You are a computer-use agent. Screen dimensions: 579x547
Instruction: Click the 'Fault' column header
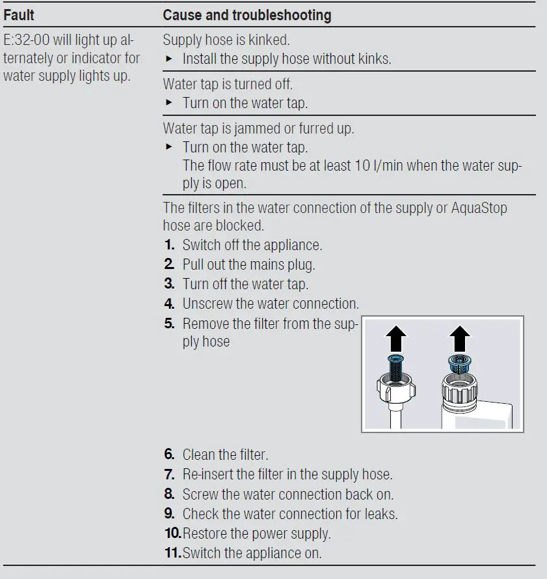(19, 14)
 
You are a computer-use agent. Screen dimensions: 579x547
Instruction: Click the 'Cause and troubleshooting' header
(247, 14)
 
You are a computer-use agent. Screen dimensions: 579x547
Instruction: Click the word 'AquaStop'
(479, 208)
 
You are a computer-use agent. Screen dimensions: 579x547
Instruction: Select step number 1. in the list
(169, 246)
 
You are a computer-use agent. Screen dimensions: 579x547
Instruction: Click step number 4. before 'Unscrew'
(169, 304)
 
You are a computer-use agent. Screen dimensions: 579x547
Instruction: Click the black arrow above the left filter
(396, 338)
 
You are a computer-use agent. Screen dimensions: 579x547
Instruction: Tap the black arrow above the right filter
(459, 338)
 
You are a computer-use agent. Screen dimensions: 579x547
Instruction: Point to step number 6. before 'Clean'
(169, 455)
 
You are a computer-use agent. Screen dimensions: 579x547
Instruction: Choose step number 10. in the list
(172, 534)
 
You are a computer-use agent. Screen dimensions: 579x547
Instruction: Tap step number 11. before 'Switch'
(172, 554)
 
